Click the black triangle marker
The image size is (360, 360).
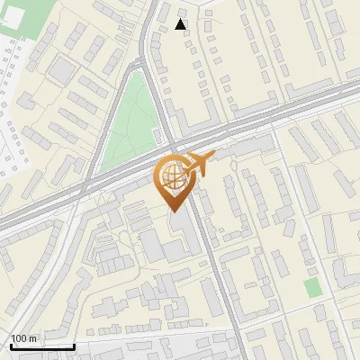pos(182,24)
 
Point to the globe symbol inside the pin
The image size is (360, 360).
pos(171,175)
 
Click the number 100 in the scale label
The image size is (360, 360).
pos(19,338)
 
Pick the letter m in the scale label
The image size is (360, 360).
pos(32,338)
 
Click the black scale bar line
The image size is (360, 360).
pos(41,346)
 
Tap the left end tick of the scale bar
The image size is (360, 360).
pos(10,344)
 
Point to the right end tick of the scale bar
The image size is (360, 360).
pos(74,344)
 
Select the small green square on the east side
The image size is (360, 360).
pos(312,288)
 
